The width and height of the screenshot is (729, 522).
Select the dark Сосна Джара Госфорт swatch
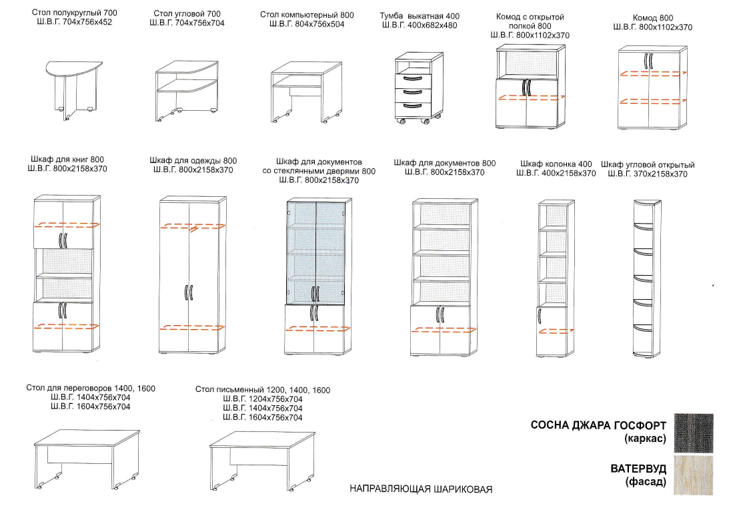[693, 433]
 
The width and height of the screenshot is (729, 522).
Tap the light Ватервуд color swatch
[693, 475]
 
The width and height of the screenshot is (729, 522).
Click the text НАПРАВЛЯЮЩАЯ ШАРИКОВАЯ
[421, 489]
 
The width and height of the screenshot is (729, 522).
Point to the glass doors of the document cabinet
[315, 252]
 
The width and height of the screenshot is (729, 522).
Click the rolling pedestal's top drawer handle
[412, 78]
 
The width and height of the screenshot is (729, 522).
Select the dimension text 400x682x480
[432, 25]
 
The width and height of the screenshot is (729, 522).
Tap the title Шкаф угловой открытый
[647, 165]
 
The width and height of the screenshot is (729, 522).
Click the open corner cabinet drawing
[647, 278]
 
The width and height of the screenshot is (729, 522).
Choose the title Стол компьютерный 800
[307, 15]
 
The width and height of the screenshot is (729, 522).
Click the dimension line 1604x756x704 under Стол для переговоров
[90, 407]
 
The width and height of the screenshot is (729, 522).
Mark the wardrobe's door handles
[189, 292]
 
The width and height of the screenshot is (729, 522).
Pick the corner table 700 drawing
[187, 91]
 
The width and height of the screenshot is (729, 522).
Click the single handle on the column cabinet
[540, 316]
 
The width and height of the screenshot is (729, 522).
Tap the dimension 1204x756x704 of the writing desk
[263, 399]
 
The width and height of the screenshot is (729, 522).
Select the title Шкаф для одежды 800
[193, 160]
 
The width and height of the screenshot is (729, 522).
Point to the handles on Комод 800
[648, 61]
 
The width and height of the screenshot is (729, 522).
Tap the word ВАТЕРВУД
[638, 469]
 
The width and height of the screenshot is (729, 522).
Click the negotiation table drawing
[87, 459]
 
